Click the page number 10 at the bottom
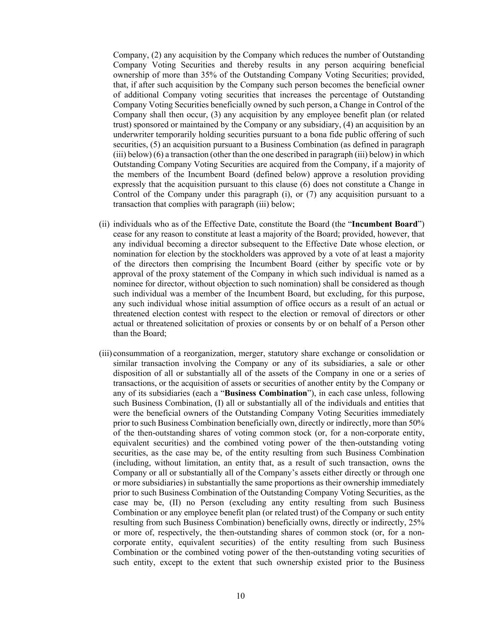point(241,596)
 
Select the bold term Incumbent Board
point(385,224)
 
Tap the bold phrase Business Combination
point(266,393)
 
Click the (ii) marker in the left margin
point(104,224)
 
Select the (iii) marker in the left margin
point(105,354)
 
